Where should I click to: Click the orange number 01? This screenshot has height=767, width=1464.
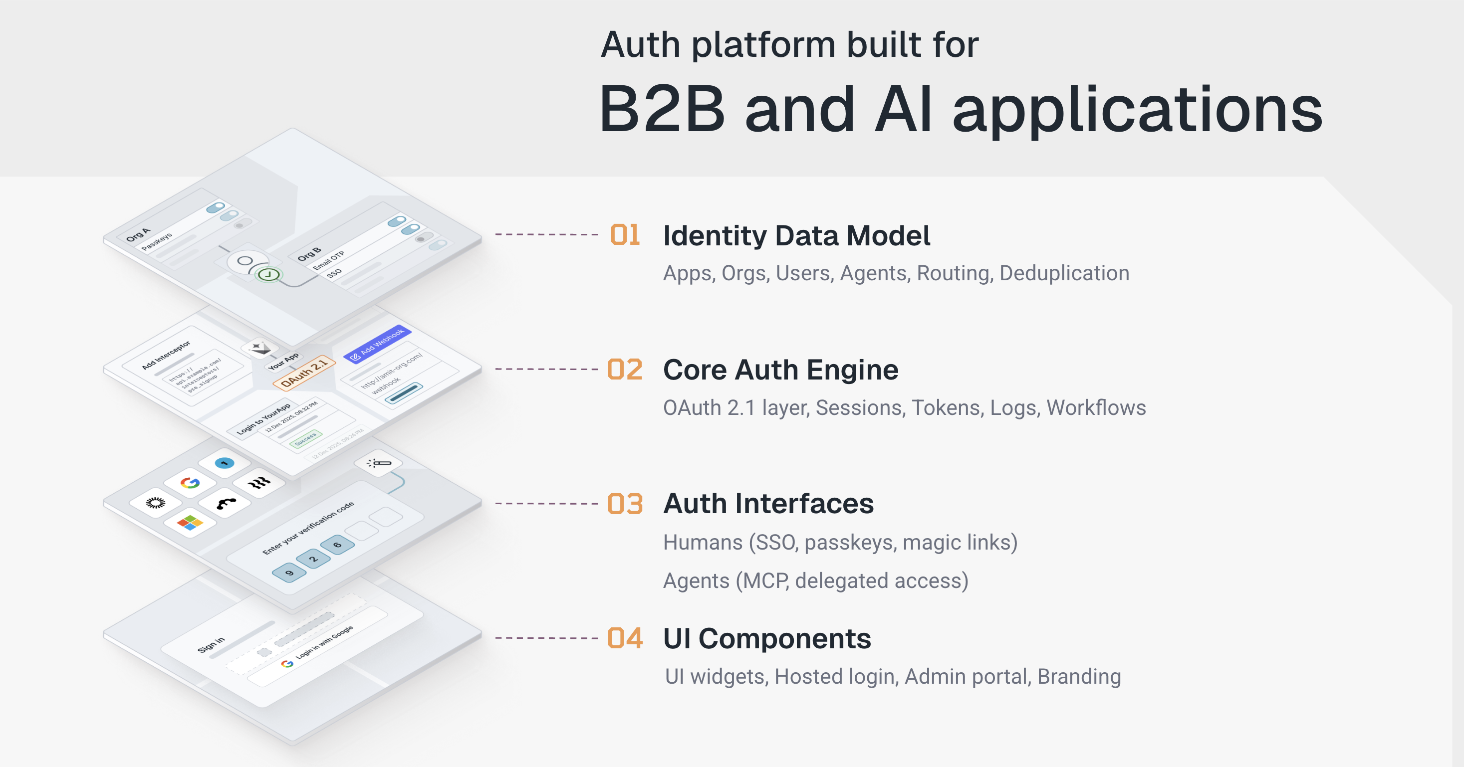[x=625, y=235]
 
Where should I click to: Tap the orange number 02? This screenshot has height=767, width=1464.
[x=625, y=370]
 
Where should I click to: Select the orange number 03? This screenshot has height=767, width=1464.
[x=625, y=504]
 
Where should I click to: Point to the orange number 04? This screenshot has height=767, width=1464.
[x=625, y=638]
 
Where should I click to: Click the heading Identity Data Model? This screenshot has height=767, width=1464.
[x=796, y=236]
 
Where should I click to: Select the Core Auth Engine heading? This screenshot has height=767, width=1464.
[x=780, y=370]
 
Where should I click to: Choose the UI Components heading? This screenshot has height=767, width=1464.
[x=766, y=639]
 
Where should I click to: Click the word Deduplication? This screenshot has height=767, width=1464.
[x=1064, y=273]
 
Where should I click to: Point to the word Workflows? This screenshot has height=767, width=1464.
[x=1096, y=408]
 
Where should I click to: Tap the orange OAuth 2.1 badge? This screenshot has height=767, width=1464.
[x=304, y=373]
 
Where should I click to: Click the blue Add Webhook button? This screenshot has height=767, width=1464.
[x=377, y=344]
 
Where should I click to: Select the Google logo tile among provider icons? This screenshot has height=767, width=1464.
[x=190, y=483]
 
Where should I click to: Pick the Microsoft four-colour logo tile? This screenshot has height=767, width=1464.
[x=190, y=522]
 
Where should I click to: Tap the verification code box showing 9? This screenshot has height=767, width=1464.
[x=289, y=572]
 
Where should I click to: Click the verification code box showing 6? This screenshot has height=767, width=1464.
[x=337, y=544]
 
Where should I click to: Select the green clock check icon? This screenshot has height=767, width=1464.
[x=268, y=275]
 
